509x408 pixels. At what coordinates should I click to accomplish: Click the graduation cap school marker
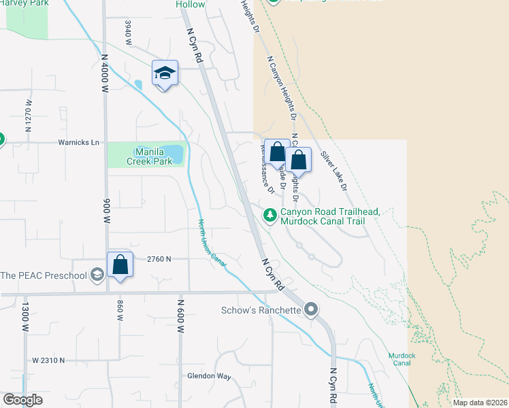pos(165,73)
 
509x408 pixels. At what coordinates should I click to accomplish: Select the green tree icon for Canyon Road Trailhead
pos(270,215)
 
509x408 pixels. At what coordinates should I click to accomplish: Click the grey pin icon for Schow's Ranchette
pos(311,310)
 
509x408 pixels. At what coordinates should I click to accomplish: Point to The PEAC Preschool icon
pos(97,275)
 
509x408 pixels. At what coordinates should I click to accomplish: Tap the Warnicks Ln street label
pos(78,143)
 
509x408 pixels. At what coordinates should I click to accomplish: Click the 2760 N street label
pos(159,259)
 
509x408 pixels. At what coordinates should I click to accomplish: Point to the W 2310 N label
pos(48,360)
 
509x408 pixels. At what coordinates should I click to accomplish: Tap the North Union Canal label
pos(212,241)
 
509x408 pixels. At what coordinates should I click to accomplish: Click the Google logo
pos(22,400)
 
